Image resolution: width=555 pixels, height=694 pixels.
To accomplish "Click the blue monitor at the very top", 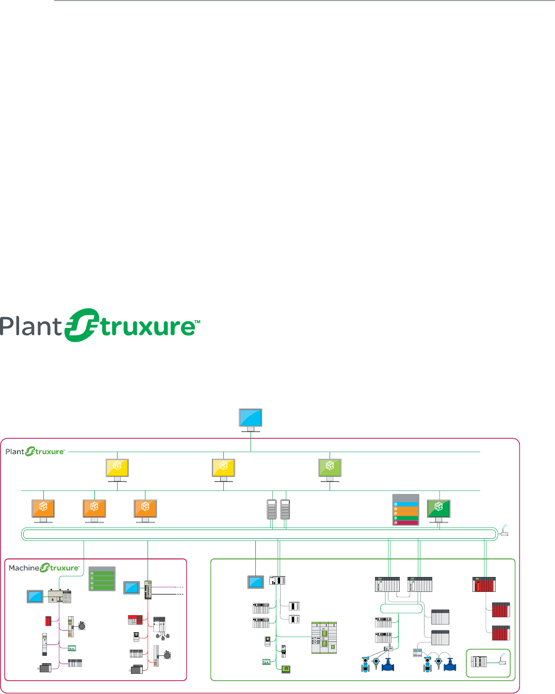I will click(x=251, y=418).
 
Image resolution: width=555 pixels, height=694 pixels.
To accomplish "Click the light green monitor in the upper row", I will click(x=330, y=468).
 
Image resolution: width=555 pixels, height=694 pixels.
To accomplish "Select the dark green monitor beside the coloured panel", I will click(x=439, y=508).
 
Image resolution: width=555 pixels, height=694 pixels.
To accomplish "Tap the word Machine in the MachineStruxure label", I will click(x=24, y=568).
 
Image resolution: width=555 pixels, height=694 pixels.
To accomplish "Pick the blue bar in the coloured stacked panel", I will click(x=406, y=504).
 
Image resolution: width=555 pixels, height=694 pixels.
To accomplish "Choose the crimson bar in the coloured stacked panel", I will click(x=406, y=523).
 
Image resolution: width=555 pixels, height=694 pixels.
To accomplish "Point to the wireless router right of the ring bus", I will click(x=504, y=533).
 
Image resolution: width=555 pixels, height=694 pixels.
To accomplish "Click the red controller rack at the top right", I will click(x=484, y=585).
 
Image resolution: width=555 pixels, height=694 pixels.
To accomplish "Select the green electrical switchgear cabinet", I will click(x=324, y=638).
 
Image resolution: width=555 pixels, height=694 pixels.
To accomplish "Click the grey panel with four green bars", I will click(x=102, y=579).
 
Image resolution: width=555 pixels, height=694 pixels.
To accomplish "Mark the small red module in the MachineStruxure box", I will click(x=48, y=621).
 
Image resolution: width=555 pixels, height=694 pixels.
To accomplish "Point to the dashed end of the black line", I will click(x=179, y=594).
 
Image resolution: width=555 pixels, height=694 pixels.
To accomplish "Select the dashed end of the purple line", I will click(x=179, y=587).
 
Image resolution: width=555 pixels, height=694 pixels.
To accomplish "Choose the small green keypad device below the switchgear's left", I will click(x=286, y=669).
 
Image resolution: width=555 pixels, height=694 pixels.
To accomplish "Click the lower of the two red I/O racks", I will click(x=501, y=633).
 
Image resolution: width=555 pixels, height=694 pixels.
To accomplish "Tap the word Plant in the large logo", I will click(x=31, y=327).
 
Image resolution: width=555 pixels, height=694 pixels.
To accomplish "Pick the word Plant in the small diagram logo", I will click(x=15, y=452).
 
